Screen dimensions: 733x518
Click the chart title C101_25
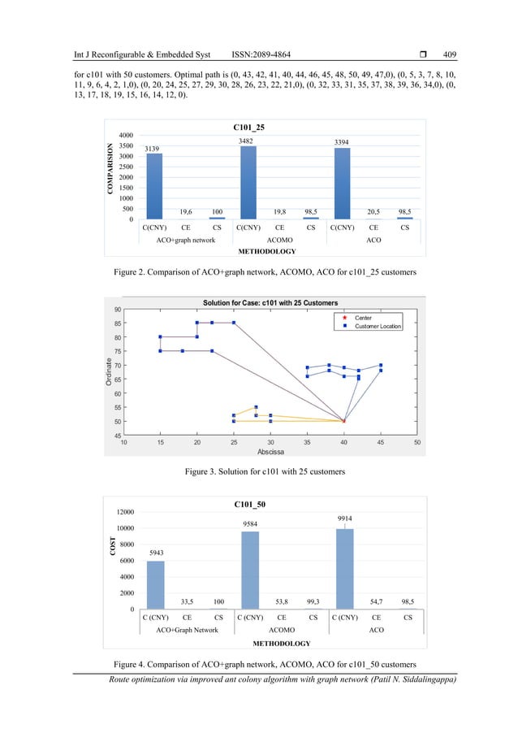[248, 127]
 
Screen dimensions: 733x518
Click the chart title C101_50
[248, 505]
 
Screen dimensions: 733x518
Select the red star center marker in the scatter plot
[344, 421]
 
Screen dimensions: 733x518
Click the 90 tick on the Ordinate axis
[119, 310]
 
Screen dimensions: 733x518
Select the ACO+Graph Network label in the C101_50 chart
[186, 630]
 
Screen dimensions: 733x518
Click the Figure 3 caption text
[258, 470]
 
